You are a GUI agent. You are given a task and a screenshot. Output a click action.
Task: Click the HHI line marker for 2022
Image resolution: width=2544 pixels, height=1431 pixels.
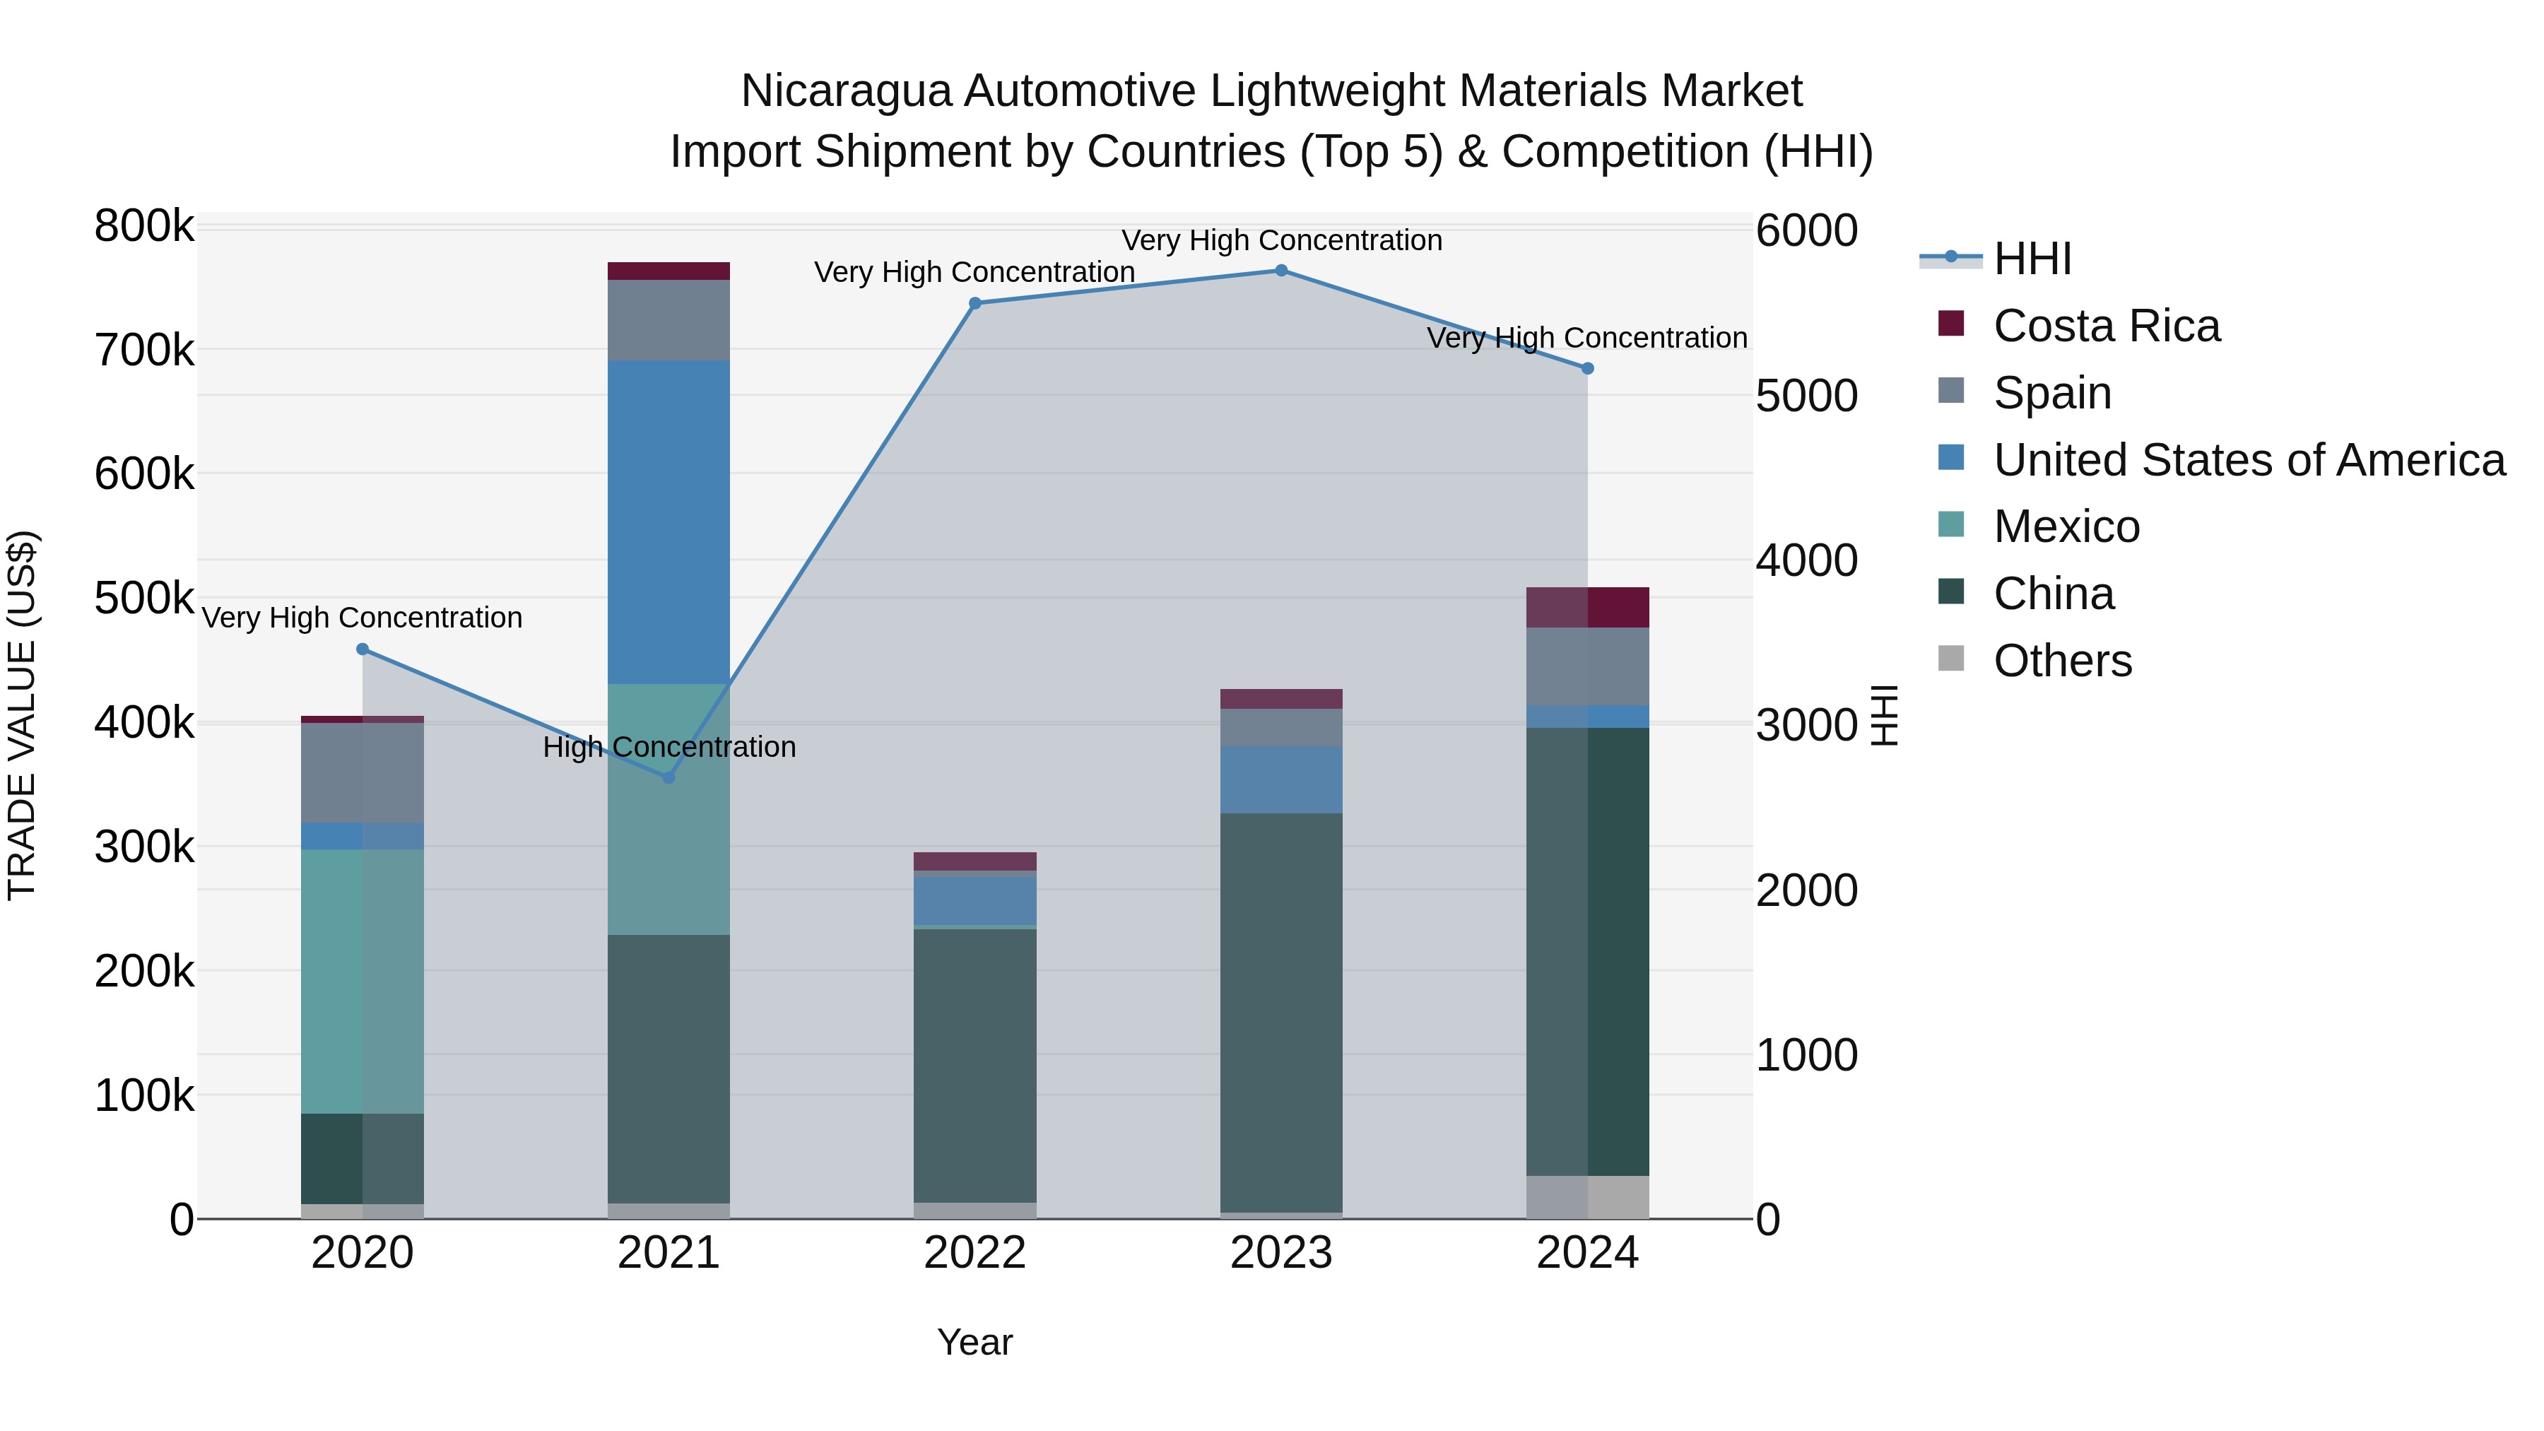click(x=974, y=303)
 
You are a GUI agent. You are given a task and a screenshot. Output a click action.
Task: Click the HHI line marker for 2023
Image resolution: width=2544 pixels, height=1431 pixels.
click(x=1281, y=271)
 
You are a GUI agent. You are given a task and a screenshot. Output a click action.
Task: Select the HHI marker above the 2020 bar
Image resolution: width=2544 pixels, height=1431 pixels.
click(x=363, y=649)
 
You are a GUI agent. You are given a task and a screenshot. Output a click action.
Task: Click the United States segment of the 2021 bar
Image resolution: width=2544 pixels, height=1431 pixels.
click(x=669, y=522)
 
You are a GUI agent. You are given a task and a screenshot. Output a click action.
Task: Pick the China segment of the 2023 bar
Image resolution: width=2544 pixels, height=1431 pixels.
click(x=1281, y=1011)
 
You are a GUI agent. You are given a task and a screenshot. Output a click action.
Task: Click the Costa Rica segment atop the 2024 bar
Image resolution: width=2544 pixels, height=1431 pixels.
click(x=1588, y=607)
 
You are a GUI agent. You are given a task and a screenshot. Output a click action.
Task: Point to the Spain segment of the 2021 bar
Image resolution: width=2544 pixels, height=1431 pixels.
click(x=669, y=320)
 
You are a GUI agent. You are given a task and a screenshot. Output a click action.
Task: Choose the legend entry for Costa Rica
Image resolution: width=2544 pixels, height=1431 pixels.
click(x=2106, y=326)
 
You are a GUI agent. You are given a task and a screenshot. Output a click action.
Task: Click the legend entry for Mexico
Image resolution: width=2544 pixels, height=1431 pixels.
click(x=2066, y=526)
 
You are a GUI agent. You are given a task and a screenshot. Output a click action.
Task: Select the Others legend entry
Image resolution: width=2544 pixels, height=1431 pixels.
click(x=2062, y=661)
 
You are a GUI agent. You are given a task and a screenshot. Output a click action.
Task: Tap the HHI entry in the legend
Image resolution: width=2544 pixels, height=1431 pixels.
click(x=2032, y=259)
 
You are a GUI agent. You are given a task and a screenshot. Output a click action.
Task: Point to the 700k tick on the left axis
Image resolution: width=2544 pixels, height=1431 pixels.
click(x=144, y=350)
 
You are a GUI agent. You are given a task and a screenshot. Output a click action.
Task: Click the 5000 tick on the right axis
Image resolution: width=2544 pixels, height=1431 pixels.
click(x=1806, y=396)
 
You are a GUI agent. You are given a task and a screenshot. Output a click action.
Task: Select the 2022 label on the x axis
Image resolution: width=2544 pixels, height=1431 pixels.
click(x=974, y=1253)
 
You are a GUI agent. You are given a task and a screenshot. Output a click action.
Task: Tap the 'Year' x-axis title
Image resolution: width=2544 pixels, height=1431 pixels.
click(x=974, y=1342)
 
